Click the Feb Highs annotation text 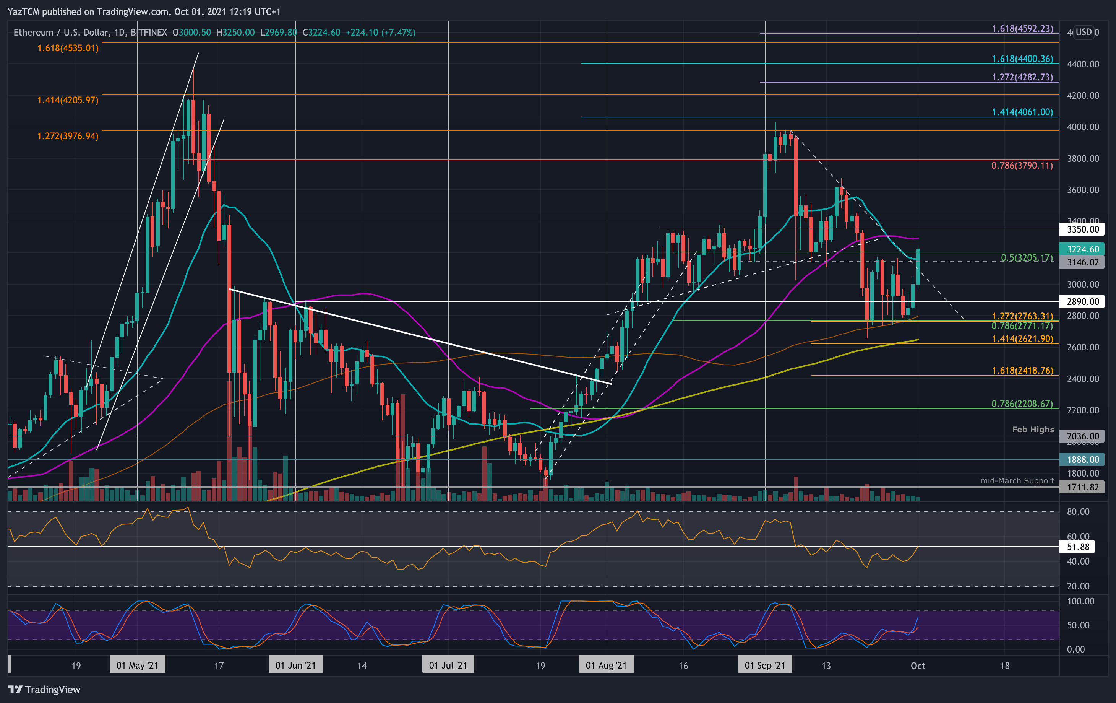click(x=1033, y=430)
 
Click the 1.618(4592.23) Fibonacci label click(x=1022, y=29)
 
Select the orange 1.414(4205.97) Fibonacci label click(x=68, y=100)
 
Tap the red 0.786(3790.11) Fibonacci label click(x=1022, y=166)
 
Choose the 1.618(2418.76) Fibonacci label click(x=1022, y=371)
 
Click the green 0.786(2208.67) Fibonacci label click(x=1022, y=404)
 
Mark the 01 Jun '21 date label click(x=295, y=666)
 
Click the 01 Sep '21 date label click(x=765, y=666)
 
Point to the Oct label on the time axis click(x=918, y=666)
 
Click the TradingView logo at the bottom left click(x=44, y=690)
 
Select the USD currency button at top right click(x=1083, y=32)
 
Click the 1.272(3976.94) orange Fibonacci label click(x=68, y=136)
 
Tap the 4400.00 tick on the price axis click(x=1083, y=64)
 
